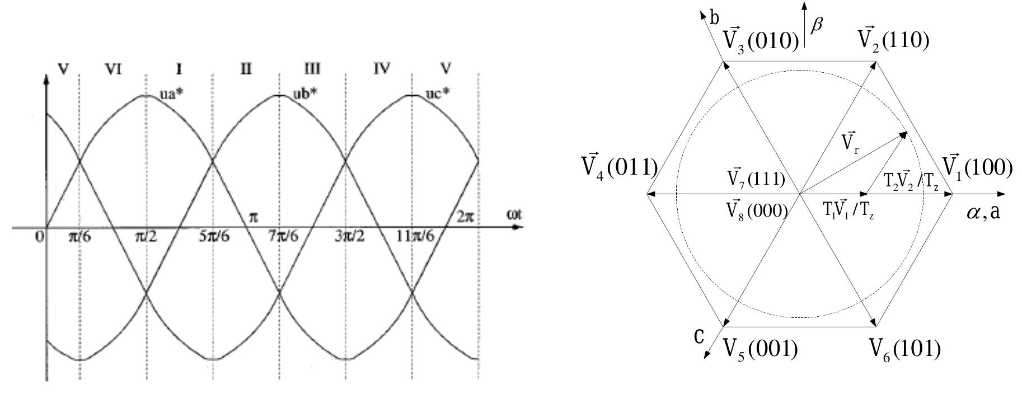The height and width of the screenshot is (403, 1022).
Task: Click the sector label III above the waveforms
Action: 312,69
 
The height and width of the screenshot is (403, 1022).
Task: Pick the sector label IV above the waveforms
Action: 381,69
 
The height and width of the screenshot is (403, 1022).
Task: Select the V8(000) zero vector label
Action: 757,210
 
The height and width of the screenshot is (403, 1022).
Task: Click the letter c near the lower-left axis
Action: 699,336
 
